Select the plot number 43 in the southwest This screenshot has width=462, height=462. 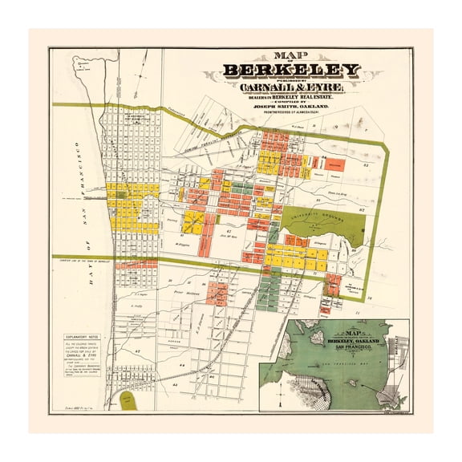tap(138, 351)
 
